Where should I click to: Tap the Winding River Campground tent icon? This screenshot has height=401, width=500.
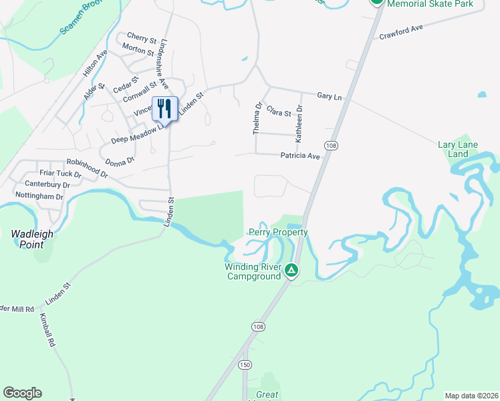click(x=291, y=270)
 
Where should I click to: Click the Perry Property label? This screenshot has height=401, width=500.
click(x=278, y=233)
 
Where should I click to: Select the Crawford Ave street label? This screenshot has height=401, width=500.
click(x=402, y=33)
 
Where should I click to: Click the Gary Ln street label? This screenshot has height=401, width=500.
click(x=329, y=97)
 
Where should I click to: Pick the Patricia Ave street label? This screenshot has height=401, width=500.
click(x=300, y=156)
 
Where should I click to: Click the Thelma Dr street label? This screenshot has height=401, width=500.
click(x=257, y=118)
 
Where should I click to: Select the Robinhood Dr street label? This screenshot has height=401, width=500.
click(x=87, y=167)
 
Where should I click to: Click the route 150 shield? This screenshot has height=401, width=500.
click(x=245, y=364)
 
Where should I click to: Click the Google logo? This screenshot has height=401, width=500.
click(x=22, y=393)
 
